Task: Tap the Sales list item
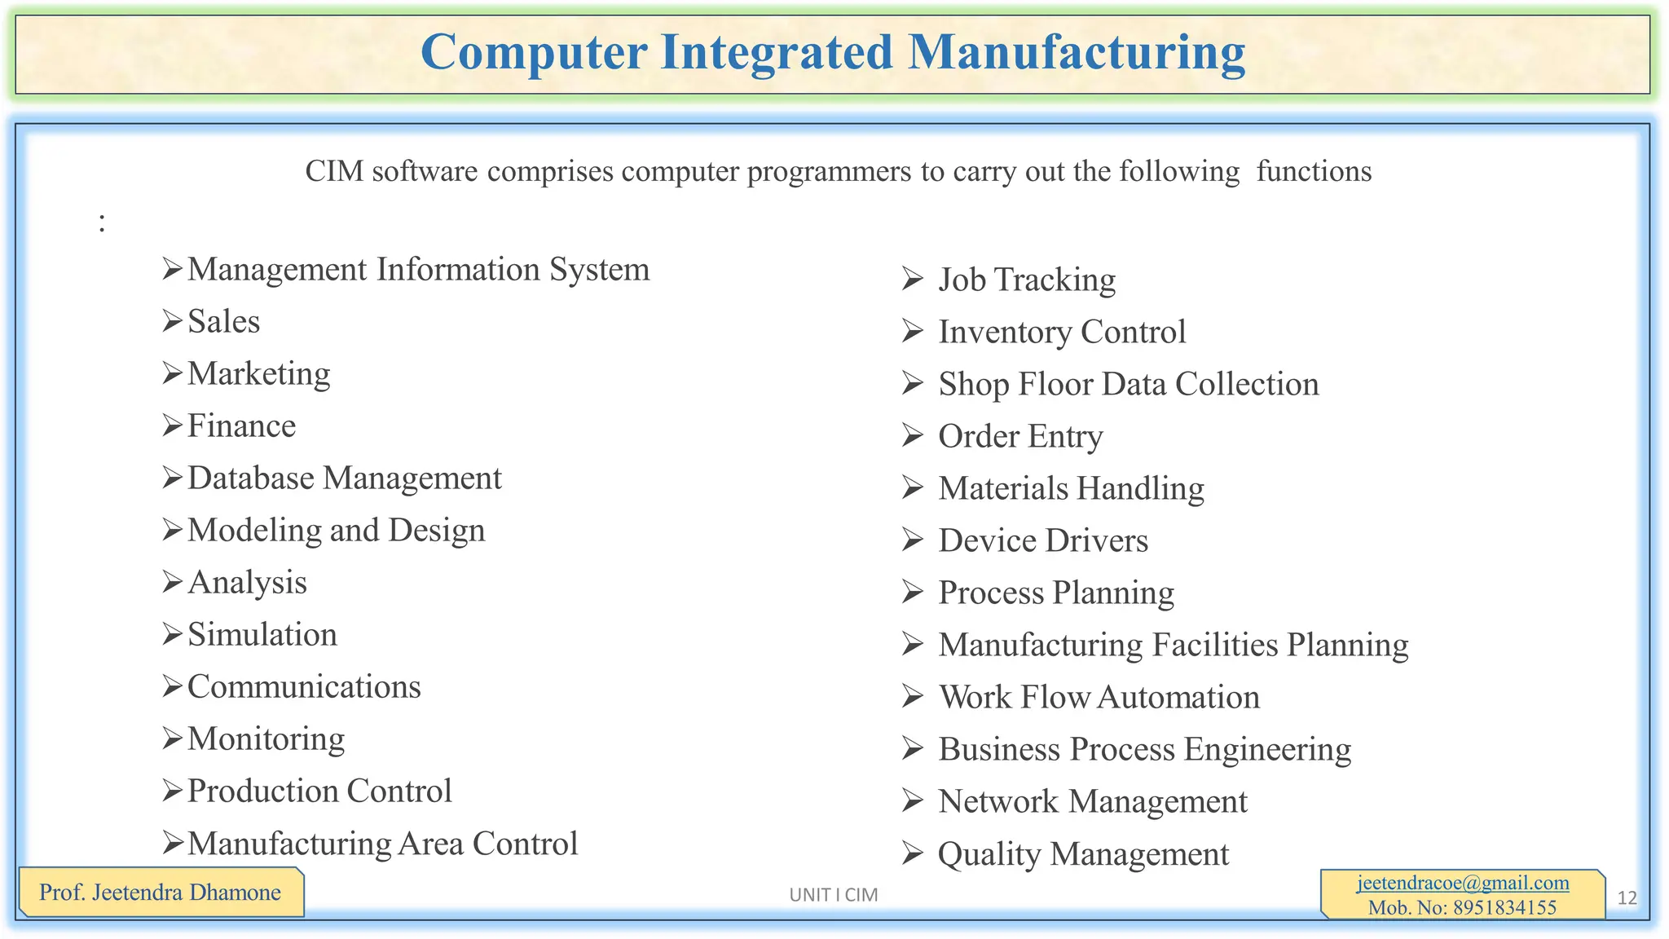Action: point(224,321)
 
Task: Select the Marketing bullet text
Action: point(259,373)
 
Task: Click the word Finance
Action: point(242,425)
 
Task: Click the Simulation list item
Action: point(262,634)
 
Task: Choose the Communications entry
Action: point(304,686)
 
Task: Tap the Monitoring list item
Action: point(266,738)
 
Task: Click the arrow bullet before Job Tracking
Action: point(912,280)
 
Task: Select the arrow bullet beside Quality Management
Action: point(912,853)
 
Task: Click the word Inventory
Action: point(1005,332)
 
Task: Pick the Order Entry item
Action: point(1020,436)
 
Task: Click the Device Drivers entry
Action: point(1043,540)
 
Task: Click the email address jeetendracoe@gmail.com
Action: point(1463,883)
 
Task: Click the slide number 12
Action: point(1627,898)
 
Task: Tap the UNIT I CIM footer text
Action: point(833,895)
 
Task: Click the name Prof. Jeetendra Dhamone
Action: point(160,893)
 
